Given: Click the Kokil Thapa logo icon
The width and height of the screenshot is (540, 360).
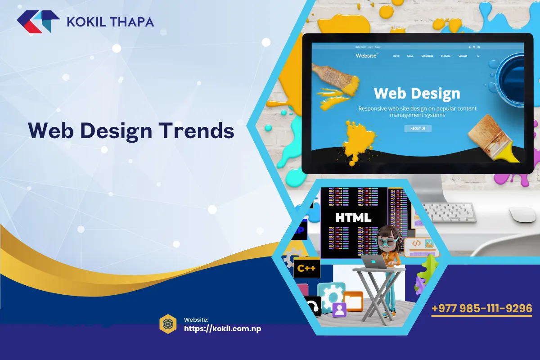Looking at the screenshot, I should (38, 21).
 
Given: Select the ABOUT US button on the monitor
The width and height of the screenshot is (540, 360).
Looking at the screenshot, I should (418, 128).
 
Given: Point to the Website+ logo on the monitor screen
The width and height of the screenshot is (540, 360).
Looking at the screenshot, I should (367, 55).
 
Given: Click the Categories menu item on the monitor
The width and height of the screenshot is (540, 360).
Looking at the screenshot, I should (427, 56).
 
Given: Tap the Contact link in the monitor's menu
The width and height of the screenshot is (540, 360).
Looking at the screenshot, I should (463, 56).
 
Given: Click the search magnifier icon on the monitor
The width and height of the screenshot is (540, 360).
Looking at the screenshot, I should (478, 56).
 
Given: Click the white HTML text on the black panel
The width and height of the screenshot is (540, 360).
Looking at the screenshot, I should (353, 218).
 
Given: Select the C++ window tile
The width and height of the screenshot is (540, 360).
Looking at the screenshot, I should (307, 269).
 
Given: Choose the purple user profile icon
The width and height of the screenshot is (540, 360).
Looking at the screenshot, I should (339, 309).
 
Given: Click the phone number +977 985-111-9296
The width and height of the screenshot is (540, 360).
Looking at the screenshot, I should (481, 309).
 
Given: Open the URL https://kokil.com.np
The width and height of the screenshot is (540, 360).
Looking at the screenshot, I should (222, 328).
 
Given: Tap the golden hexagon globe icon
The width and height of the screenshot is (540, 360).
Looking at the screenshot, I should (168, 324).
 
